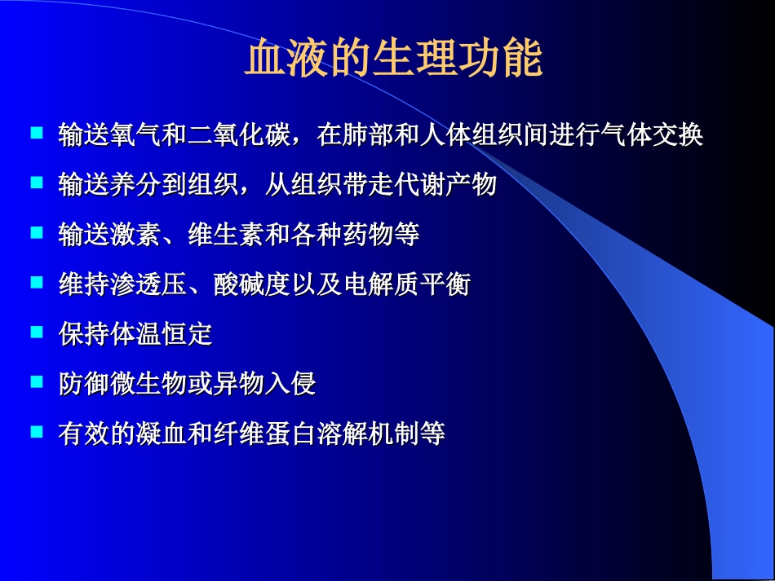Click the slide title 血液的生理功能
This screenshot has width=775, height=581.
tap(393, 59)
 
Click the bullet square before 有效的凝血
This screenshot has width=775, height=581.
tap(36, 431)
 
